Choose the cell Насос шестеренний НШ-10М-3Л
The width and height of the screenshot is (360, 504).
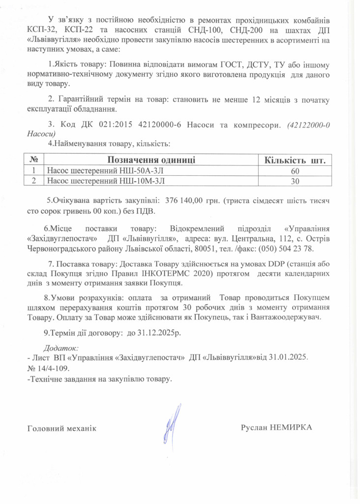tap(106, 181)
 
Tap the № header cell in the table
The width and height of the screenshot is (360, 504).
tap(34, 160)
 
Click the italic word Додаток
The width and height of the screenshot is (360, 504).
tap(58, 347)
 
